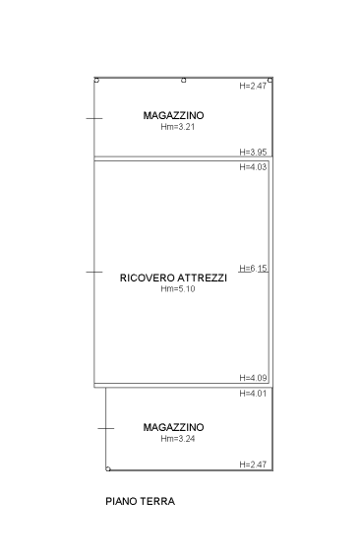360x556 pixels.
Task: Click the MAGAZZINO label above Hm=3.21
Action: coord(173,115)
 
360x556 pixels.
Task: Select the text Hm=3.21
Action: coord(177,127)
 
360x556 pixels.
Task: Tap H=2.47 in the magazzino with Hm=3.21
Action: coord(253,86)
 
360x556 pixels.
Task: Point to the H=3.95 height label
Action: coord(253,153)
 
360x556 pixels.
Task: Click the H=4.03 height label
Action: coord(253,166)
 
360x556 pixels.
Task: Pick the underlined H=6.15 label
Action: coord(253,269)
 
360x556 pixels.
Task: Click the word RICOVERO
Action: coord(147,278)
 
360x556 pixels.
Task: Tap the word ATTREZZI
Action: coord(202,278)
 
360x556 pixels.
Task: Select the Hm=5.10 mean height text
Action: coord(177,289)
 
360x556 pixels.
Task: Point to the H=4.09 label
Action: coord(253,378)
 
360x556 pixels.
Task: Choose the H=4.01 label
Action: coord(253,394)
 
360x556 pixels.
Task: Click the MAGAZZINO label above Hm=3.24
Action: coord(173,427)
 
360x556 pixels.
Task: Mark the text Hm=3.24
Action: coord(177,439)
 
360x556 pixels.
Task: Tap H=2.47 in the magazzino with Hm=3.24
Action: coord(253,464)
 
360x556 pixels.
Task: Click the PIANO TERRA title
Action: coord(141,502)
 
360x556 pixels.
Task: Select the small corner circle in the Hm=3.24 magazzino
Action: coord(108,469)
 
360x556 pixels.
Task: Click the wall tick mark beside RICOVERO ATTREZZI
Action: coord(94,272)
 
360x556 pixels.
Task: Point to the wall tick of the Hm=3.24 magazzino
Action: coord(106,428)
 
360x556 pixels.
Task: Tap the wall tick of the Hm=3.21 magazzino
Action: coord(94,118)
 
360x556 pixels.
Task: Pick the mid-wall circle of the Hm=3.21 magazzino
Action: coord(184,81)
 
